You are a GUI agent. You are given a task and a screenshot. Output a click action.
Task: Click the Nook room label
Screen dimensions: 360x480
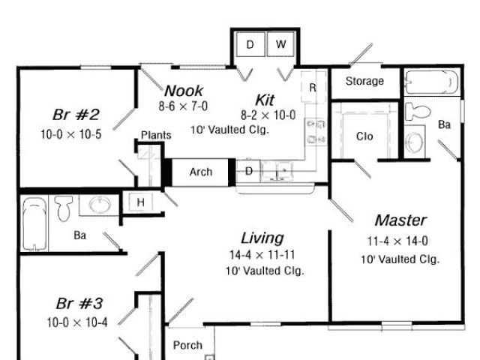pos(184,91)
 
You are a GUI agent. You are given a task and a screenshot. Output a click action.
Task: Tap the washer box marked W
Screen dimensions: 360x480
pos(280,45)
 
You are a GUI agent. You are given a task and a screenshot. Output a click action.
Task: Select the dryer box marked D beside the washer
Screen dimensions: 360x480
pos(250,45)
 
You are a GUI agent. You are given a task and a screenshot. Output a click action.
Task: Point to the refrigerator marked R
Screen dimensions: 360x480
pos(312,87)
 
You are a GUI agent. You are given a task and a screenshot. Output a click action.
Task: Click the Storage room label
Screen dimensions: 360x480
pos(364,81)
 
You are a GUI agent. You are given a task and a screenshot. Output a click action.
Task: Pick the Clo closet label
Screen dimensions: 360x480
pos(364,137)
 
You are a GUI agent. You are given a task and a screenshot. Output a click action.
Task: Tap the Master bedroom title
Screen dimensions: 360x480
pos(400,220)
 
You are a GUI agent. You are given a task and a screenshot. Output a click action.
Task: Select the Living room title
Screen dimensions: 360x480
pos(262,238)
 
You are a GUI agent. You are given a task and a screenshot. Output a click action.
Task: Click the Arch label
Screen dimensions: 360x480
pos(200,172)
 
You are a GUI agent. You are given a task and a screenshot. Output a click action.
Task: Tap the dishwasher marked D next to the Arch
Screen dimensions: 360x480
pos(249,172)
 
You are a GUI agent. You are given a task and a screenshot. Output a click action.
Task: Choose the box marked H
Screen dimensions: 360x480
pos(139,202)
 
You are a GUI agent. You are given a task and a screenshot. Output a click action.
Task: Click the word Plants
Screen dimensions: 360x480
pos(156,135)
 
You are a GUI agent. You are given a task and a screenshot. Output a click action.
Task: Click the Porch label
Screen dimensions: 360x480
pos(187,345)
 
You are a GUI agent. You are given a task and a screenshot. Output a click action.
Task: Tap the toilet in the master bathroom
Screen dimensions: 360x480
pos(417,112)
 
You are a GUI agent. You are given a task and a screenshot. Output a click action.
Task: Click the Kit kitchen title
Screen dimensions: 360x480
pos(265,100)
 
